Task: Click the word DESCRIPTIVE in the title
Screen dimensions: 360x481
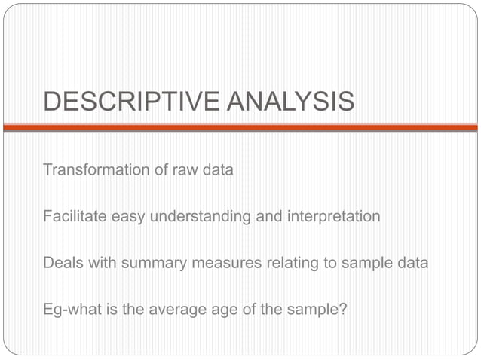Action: pyautogui.click(x=131, y=101)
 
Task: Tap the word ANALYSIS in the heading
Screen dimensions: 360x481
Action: pyautogui.click(x=290, y=101)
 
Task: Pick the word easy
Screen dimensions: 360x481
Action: pyautogui.click(x=129, y=216)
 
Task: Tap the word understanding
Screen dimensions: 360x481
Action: pyautogui.click(x=200, y=216)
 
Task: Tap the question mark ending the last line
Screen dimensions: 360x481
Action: pyautogui.click(x=344, y=309)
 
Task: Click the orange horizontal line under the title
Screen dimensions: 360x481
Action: pyautogui.click(x=240, y=127)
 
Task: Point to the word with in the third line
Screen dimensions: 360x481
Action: pyautogui.click(x=100, y=263)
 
